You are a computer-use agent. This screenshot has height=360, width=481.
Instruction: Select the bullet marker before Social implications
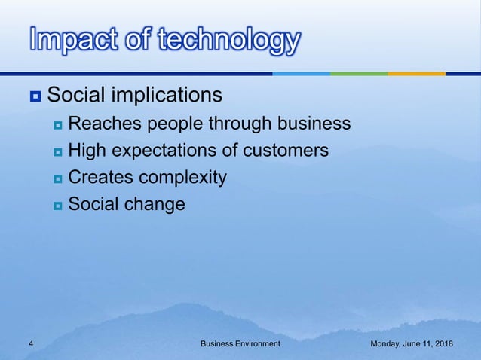pyautogui.click(x=34, y=96)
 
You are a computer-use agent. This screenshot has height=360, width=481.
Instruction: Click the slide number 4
pyautogui.click(x=31, y=343)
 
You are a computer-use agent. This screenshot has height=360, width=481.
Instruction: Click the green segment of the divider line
pyautogui.click(x=359, y=74)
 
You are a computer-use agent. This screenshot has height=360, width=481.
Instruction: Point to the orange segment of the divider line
pyautogui.click(x=416, y=74)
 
